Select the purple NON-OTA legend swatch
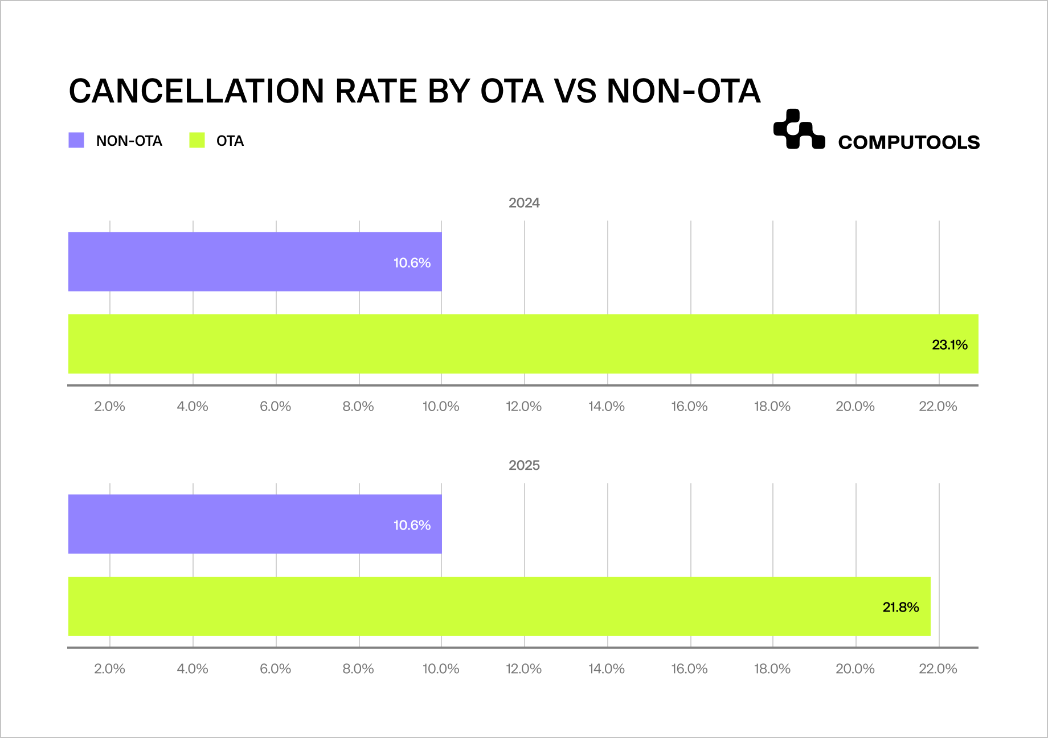pyautogui.click(x=76, y=140)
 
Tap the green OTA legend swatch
pyautogui.click(x=197, y=140)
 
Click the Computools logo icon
pyautogui.click(x=799, y=129)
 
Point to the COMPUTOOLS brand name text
pyautogui.click(x=908, y=142)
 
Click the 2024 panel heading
pyautogui.click(x=524, y=203)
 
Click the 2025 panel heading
pyautogui.click(x=524, y=465)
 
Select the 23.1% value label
pyautogui.click(x=949, y=345)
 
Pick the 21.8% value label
pyautogui.click(x=900, y=607)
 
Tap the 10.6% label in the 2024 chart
pyautogui.click(x=412, y=263)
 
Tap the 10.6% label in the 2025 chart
pyautogui.click(x=412, y=525)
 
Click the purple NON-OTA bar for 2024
pyautogui.click(x=228, y=262)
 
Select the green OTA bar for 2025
pyautogui.click(x=456, y=606)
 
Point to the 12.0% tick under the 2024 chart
pyautogui.click(x=523, y=407)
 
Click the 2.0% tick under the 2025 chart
pyautogui.click(x=109, y=669)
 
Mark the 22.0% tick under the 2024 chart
pyautogui.click(x=938, y=407)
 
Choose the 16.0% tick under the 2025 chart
pyautogui.click(x=689, y=669)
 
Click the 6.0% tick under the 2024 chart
pyautogui.click(x=275, y=407)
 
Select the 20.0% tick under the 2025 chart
pyautogui.click(x=855, y=669)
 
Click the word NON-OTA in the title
pyautogui.click(x=683, y=91)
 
